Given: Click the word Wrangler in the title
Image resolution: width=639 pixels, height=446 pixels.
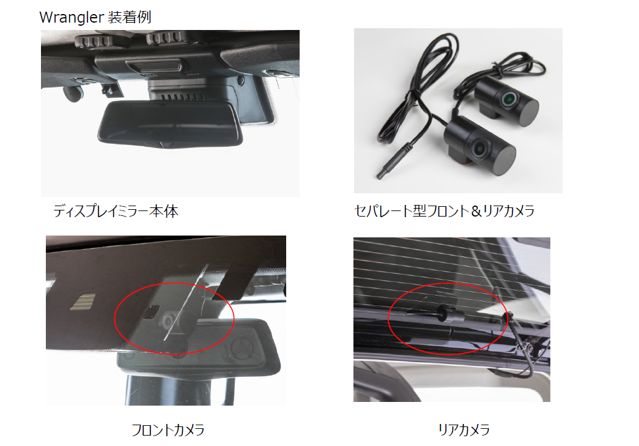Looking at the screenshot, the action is pos(72,18).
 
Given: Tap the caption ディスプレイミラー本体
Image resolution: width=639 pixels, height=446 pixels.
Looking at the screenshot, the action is pos(116,211).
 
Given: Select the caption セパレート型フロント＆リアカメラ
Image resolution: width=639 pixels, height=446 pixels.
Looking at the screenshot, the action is pos(444,211).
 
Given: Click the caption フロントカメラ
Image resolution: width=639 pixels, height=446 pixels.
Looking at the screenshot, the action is pos(168,429).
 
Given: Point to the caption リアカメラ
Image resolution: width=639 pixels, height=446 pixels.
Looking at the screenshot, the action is pos(464,429).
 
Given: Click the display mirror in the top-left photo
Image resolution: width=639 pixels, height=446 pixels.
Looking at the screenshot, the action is pos(170,124).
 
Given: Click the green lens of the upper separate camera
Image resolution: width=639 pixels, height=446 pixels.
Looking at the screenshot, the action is pos(509,98).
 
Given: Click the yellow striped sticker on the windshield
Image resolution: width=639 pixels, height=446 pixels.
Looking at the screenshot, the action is pos(83,302).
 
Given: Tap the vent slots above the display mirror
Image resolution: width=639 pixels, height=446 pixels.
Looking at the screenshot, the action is pos(182,97).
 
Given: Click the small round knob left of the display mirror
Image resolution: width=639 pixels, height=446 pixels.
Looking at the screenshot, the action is pos(73,94).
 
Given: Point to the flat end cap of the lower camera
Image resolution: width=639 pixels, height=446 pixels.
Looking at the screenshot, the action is pos(504,160).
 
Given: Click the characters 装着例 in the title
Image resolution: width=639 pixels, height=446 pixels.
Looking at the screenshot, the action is pos(130,18).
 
